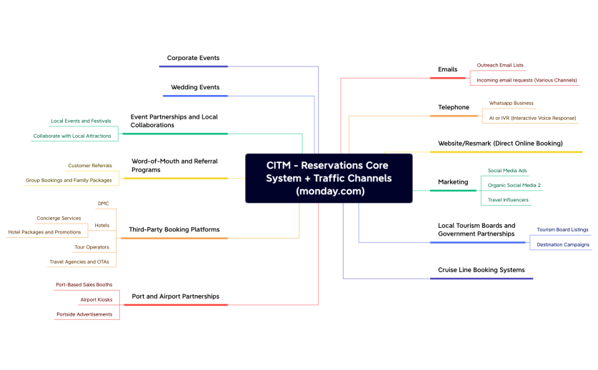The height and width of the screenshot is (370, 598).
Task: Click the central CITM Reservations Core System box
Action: (x=329, y=178)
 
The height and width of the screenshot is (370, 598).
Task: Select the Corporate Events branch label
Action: (x=193, y=58)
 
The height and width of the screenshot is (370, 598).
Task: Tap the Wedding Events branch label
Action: (x=195, y=87)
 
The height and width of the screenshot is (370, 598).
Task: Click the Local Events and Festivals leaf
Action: (x=81, y=121)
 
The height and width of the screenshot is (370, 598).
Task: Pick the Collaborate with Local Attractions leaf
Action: (x=72, y=136)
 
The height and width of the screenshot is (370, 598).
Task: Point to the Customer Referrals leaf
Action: (x=90, y=166)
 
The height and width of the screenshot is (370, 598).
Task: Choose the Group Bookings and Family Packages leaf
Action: (x=69, y=181)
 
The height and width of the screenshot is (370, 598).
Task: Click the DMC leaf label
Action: (x=104, y=204)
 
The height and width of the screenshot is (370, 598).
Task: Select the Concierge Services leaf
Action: (x=59, y=218)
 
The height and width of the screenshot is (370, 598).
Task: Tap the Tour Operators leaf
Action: (x=91, y=247)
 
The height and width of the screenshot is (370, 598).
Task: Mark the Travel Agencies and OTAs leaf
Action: (x=79, y=262)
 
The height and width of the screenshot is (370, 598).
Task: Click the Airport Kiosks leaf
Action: (x=96, y=299)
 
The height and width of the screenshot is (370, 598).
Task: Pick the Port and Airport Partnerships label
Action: (x=176, y=296)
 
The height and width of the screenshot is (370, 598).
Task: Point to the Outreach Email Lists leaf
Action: (x=500, y=65)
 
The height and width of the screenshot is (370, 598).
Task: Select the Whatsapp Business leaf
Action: (x=511, y=103)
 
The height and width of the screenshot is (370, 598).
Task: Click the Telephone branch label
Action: (x=454, y=107)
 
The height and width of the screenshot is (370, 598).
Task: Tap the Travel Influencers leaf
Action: (x=508, y=200)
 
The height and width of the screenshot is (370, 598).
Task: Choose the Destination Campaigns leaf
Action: (x=563, y=244)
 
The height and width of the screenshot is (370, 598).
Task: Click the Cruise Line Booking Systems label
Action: (x=481, y=270)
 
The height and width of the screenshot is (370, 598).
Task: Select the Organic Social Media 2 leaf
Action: (x=514, y=185)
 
